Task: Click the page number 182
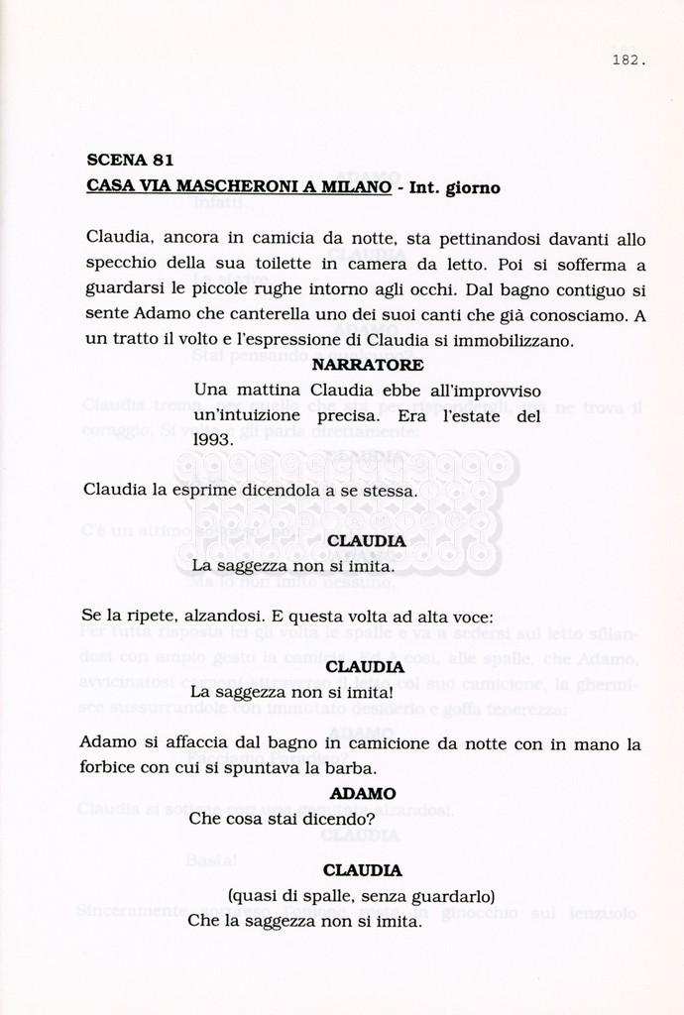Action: [628, 59]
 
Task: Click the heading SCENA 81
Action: [131, 160]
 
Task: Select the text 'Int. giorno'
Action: [455, 186]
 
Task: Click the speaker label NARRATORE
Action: [367, 365]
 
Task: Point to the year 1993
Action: [213, 439]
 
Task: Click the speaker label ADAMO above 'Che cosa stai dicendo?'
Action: [363, 794]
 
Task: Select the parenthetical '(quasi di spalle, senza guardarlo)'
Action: [362, 896]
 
